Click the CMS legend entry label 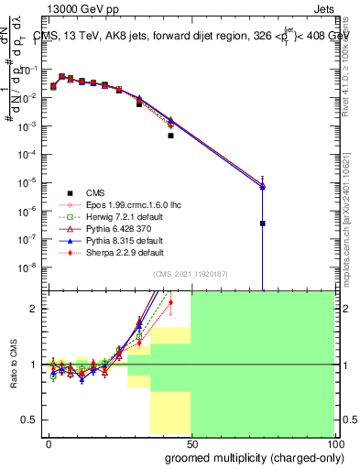coord(95,192)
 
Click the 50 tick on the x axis coord(191,443)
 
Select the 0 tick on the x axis coord(48,443)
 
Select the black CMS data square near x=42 coord(170,136)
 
